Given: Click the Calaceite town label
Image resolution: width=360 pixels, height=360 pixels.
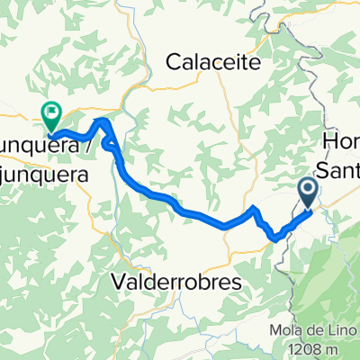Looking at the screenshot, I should (213, 62).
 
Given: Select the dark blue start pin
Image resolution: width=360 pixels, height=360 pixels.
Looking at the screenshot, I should (308, 191).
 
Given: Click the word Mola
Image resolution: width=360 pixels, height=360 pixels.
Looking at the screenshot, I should (284, 330).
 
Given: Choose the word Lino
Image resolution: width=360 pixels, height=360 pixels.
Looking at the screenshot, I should (332, 330).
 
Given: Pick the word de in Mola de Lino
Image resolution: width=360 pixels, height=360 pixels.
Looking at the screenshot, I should (309, 330).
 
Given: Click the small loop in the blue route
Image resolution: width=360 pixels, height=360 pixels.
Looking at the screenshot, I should (110, 142).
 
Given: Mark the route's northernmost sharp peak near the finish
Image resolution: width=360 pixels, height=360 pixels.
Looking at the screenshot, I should (103, 121).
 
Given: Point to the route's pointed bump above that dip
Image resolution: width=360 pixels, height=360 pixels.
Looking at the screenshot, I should (255, 209).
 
